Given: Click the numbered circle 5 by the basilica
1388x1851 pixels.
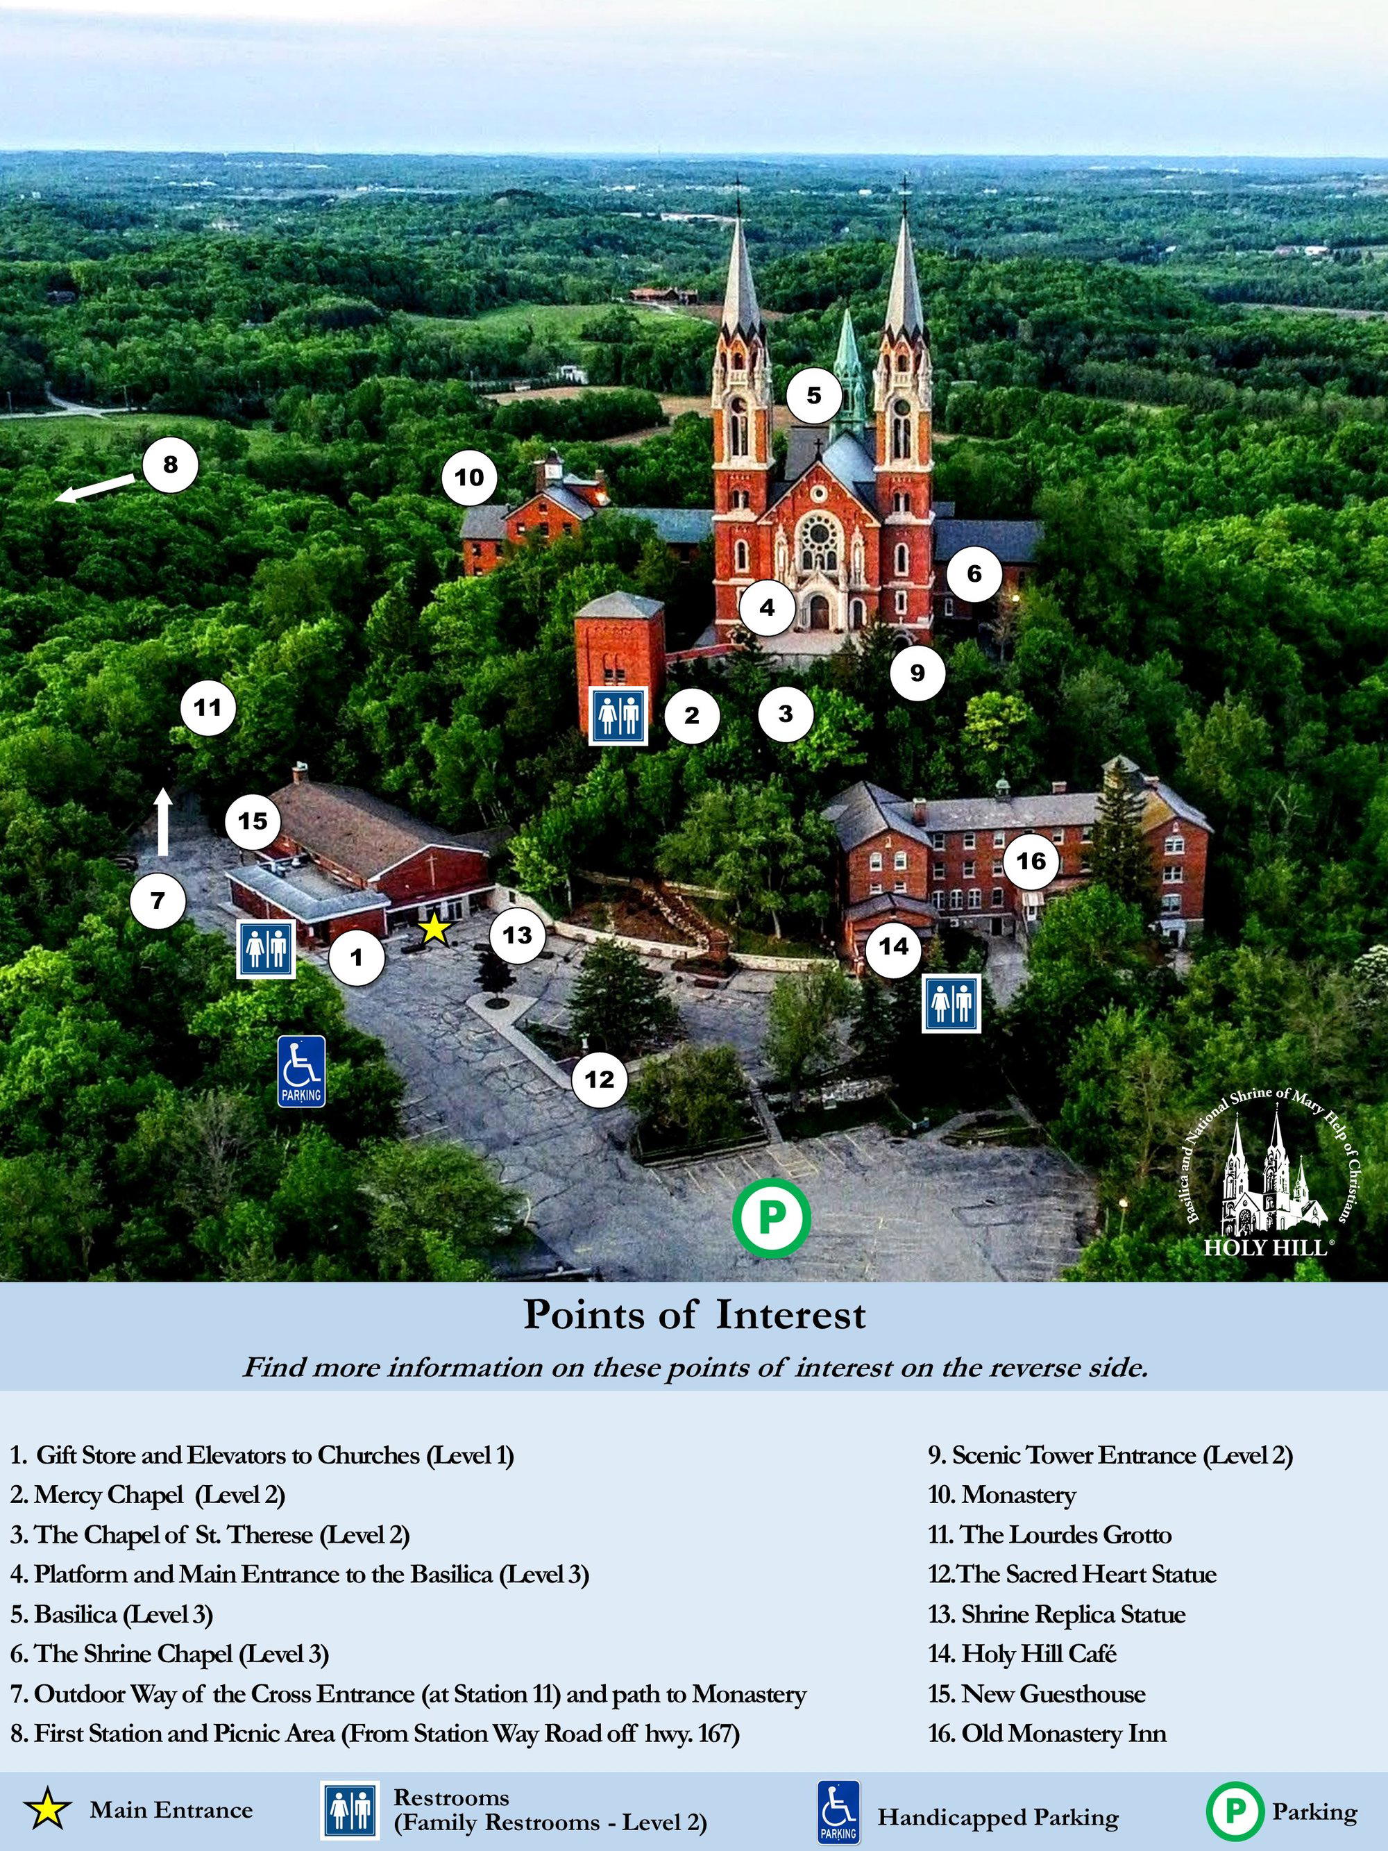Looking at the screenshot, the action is click(x=814, y=395).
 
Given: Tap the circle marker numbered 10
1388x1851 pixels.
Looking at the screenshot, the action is click(x=469, y=477).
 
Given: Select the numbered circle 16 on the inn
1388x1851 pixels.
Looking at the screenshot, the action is click(x=1031, y=860).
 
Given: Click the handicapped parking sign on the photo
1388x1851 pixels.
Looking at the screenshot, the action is click(x=301, y=1071).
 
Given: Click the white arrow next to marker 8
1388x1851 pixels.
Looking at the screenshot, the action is click(x=94, y=489).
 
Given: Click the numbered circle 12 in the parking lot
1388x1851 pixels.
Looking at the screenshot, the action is click(x=599, y=1080).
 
